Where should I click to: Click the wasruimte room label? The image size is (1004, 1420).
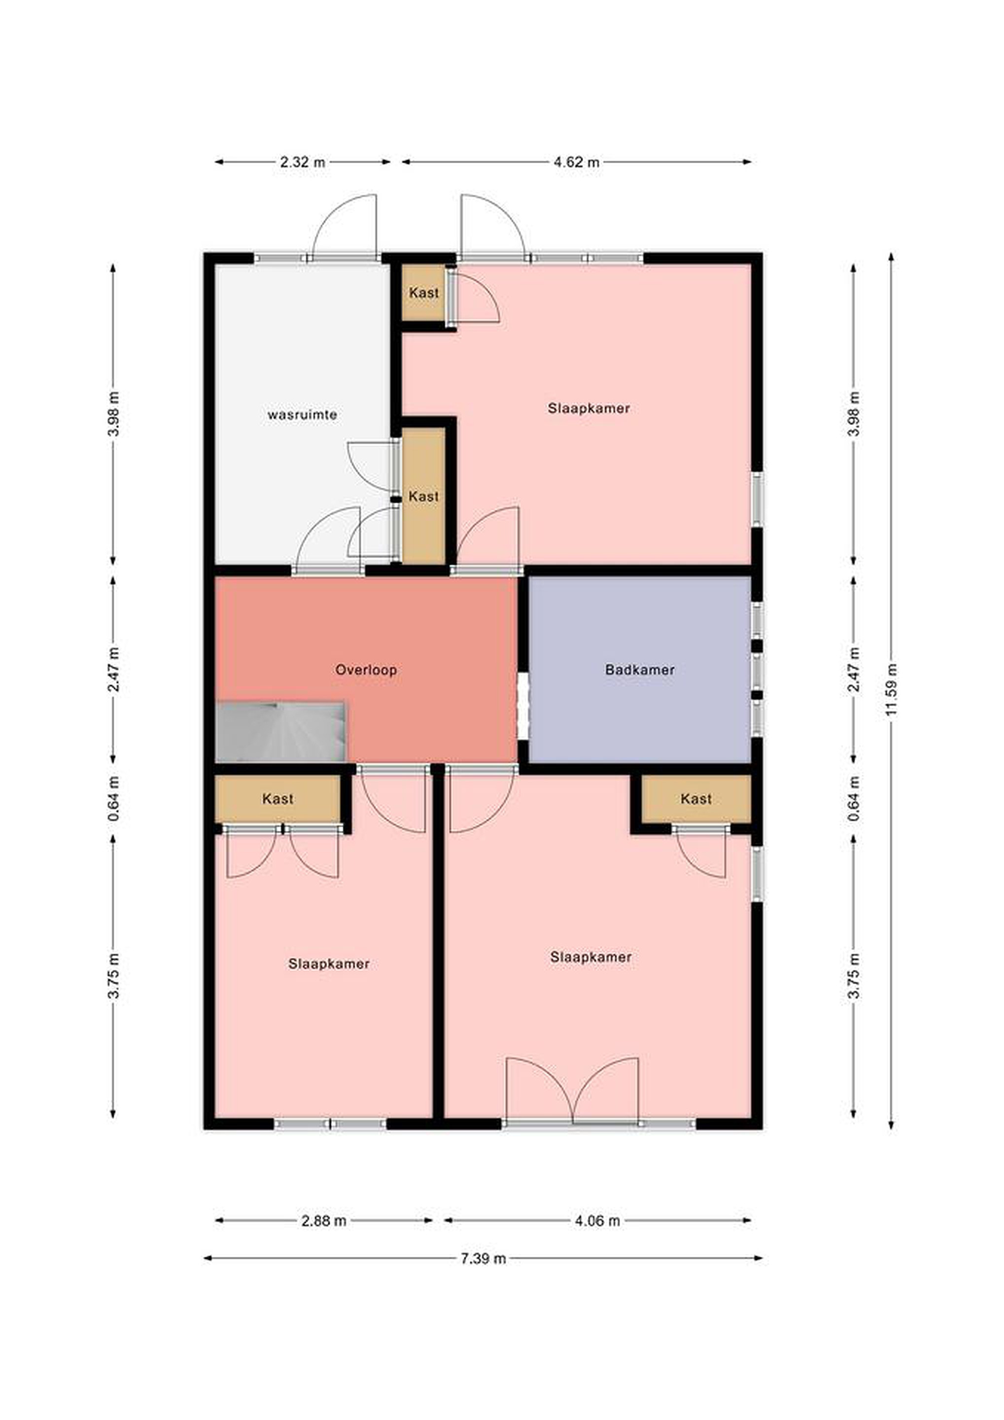click(x=302, y=414)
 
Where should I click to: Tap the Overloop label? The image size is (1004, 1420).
click(x=366, y=669)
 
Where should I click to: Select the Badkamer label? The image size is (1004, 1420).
click(x=640, y=669)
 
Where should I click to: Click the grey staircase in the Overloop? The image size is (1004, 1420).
click(x=280, y=732)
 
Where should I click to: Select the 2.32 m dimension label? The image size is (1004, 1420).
click(x=302, y=162)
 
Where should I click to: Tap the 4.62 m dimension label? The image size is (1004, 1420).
click(x=576, y=162)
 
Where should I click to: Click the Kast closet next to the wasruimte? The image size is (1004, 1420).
click(x=424, y=496)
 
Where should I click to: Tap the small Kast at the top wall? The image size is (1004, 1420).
click(x=424, y=292)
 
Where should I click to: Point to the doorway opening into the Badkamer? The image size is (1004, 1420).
click(x=523, y=706)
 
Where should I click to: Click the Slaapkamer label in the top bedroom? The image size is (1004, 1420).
click(x=589, y=408)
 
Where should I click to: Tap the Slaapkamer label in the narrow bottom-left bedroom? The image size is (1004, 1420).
click(x=329, y=963)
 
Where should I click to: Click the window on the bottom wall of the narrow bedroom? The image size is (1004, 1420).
click(x=330, y=1124)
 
